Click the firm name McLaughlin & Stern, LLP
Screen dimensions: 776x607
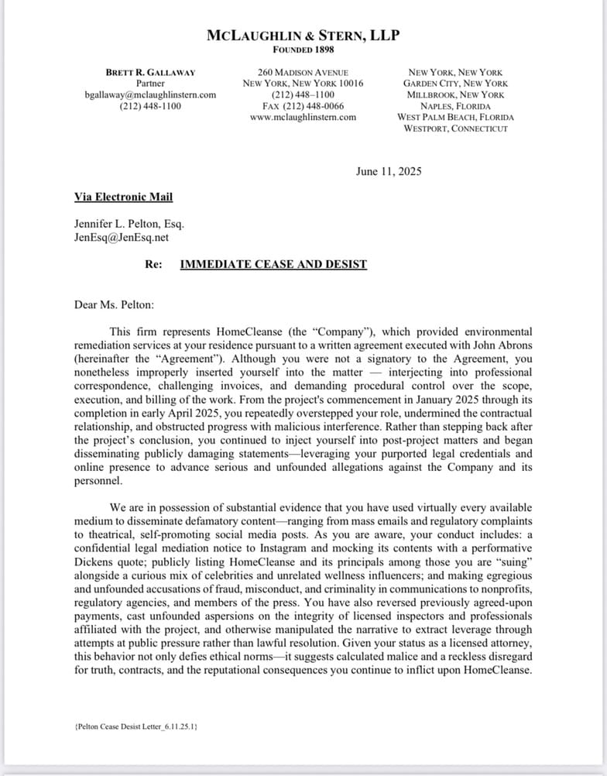point(303,36)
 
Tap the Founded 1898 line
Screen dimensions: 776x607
point(303,50)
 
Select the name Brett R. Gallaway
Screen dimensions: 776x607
point(150,72)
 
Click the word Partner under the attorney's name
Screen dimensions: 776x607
point(150,84)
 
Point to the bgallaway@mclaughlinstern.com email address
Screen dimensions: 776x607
point(150,94)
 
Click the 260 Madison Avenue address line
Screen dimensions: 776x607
point(303,72)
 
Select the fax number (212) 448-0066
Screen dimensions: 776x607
point(303,106)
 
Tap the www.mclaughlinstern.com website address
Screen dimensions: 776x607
point(303,117)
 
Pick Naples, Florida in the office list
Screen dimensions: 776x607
point(455,106)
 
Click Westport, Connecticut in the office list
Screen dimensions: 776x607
point(455,129)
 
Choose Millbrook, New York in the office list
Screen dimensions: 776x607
point(455,94)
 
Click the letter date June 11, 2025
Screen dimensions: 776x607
point(389,172)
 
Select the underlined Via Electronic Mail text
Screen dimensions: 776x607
point(123,197)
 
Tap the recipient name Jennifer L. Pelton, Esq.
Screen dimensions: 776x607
point(129,225)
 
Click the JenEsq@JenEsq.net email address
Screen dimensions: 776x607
point(121,238)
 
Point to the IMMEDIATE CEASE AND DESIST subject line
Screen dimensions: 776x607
point(273,264)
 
